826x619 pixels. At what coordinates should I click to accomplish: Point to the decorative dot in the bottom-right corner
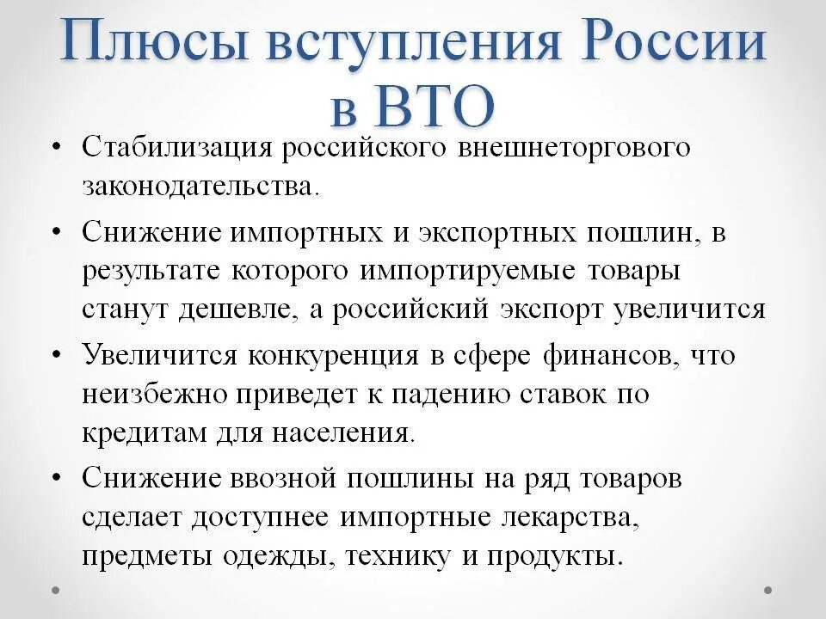coord(767,590)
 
